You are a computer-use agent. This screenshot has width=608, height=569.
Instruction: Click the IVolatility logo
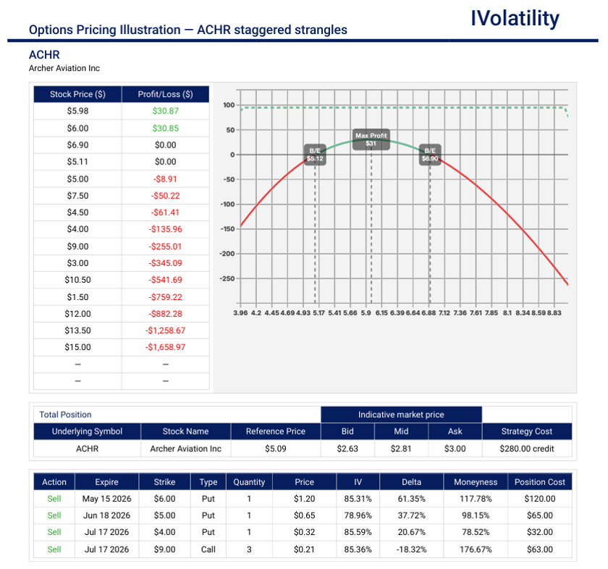[x=515, y=19]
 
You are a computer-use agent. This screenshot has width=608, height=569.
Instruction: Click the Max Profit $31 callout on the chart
[x=371, y=140]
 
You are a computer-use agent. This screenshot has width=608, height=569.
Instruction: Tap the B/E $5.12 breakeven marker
[x=315, y=154]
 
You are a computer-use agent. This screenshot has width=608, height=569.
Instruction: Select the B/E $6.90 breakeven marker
[x=430, y=154]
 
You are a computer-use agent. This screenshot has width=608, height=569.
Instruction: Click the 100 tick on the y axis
[x=229, y=106]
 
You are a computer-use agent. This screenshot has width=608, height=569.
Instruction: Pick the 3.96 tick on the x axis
[x=241, y=313]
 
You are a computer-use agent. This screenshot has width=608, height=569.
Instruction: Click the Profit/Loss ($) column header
[x=165, y=94]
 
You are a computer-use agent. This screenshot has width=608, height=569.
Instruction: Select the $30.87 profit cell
[x=165, y=111]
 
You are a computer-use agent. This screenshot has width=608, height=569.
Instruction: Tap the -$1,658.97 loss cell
[x=165, y=347]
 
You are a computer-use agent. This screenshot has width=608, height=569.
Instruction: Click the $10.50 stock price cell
[x=77, y=280]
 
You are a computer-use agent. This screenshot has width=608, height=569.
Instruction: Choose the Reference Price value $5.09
[x=275, y=448]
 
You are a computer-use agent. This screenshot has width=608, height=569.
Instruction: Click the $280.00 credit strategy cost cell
[x=526, y=448]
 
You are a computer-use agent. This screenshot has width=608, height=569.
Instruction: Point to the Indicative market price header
[x=401, y=414]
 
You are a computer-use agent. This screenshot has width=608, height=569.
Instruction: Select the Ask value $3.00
[x=455, y=448]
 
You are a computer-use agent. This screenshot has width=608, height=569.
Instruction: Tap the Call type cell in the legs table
[x=208, y=549]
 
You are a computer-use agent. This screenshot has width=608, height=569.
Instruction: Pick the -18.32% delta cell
[x=411, y=549]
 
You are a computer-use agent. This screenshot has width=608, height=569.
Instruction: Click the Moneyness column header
[x=476, y=482]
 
